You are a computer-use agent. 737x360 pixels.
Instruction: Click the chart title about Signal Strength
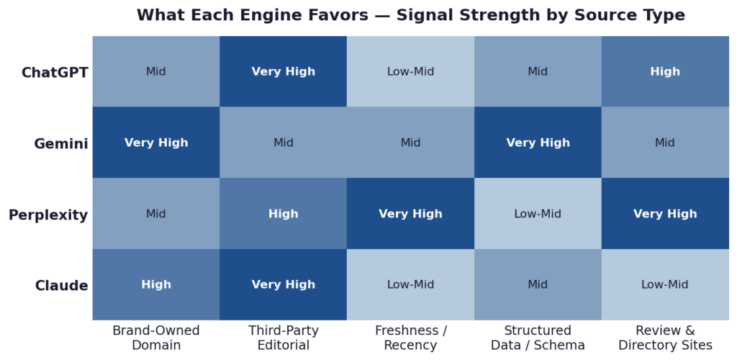coord(410,15)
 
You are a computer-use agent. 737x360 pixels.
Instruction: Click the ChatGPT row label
coord(55,72)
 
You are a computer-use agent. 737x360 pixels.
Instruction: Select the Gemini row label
coord(61,143)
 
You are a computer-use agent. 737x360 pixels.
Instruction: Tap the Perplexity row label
coord(48,215)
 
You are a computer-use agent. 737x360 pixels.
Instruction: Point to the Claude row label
coord(62,286)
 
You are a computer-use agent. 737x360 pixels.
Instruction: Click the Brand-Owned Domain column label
coord(156,338)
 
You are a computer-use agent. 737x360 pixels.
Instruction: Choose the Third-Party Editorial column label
coord(284,338)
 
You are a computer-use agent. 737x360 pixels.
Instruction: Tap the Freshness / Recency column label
coord(411,338)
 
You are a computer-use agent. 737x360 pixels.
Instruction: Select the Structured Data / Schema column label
coord(538,338)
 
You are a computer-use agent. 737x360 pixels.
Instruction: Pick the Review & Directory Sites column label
coord(665,338)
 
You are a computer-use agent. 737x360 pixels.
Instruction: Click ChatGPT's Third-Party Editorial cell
coord(284,72)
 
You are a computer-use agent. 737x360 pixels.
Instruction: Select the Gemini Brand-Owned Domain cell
coord(156,143)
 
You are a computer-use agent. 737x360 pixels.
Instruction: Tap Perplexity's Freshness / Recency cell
coord(411,214)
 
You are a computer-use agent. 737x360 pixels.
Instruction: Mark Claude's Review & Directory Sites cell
coord(665,284)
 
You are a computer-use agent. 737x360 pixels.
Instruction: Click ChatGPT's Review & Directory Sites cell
coord(665,72)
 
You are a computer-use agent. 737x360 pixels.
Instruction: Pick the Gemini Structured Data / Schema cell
coord(538,143)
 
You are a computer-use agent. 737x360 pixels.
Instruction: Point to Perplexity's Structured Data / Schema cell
coord(538,214)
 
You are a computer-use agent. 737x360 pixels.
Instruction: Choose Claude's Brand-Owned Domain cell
coord(156,284)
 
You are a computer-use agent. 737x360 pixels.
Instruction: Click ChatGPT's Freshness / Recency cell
coord(411,72)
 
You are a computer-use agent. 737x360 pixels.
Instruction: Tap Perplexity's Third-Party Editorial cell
coord(284,214)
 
